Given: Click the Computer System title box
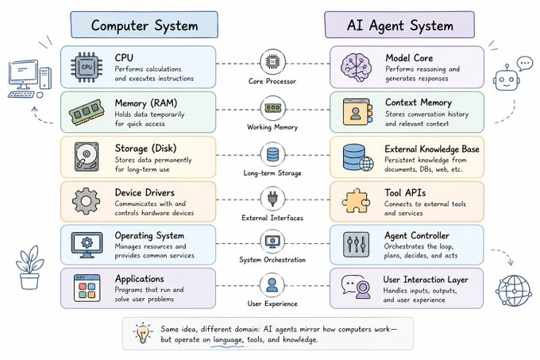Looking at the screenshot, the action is click(x=145, y=25).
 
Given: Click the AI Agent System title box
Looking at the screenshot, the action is click(x=399, y=25).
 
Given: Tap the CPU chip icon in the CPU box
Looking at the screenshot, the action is click(x=87, y=68).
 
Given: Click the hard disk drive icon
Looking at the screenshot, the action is click(x=87, y=157).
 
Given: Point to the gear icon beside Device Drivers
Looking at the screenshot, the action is click(x=86, y=201).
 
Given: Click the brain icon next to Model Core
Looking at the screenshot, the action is click(x=357, y=68).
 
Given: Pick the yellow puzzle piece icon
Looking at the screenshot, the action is click(x=356, y=201).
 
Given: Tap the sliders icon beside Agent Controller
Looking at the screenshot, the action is click(x=356, y=245).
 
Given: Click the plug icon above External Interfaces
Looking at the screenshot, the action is click(x=272, y=199).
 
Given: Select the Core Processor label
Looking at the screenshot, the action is click(x=272, y=81).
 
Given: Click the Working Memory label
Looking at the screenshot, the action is click(x=272, y=127).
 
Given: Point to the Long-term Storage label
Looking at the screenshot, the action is click(x=272, y=173).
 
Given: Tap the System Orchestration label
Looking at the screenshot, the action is click(x=272, y=260).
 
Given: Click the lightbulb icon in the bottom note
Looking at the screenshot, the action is click(x=143, y=333).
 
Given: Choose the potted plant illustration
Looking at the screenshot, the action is click(x=29, y=268).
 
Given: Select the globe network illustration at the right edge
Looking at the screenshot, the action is click(x=514, y=290).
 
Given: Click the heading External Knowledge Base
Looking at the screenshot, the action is click(x=432, y=149).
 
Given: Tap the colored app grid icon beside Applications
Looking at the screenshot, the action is click(x=87, y=288).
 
